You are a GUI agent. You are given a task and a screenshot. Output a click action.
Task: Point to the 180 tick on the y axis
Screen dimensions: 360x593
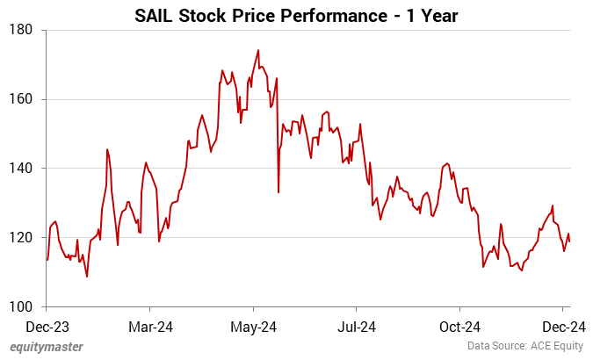(x=21, y=30)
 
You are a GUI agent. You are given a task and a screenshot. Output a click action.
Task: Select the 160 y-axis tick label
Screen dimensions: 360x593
(x=21, y=99)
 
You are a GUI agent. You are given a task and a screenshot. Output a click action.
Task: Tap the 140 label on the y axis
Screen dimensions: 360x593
(x=21, y=169)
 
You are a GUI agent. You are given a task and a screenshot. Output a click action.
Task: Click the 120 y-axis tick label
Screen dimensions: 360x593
(x=21, y=238)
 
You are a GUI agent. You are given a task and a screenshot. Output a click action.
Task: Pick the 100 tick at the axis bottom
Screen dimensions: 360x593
(x=21, y=306)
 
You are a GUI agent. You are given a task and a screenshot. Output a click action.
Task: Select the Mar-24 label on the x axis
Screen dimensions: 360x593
(x=149, y=327)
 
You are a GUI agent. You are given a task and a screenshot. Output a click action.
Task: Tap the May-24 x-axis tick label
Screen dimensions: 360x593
(x=253, y=327)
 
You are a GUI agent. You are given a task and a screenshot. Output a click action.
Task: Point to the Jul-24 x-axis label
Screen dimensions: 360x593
(x=356, y=327)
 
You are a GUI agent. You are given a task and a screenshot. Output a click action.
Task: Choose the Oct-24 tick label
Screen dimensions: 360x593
(x=459, y=327)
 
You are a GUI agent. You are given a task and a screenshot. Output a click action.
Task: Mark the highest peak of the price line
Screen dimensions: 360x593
(x=258, y=50)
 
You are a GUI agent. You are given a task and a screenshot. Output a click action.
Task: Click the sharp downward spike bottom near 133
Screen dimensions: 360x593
(x=278, y=192)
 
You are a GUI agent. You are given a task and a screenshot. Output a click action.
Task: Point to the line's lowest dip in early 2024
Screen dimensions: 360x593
(x=87, y=277)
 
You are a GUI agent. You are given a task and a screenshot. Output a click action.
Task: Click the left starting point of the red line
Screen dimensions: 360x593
(x=47, y=260)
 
